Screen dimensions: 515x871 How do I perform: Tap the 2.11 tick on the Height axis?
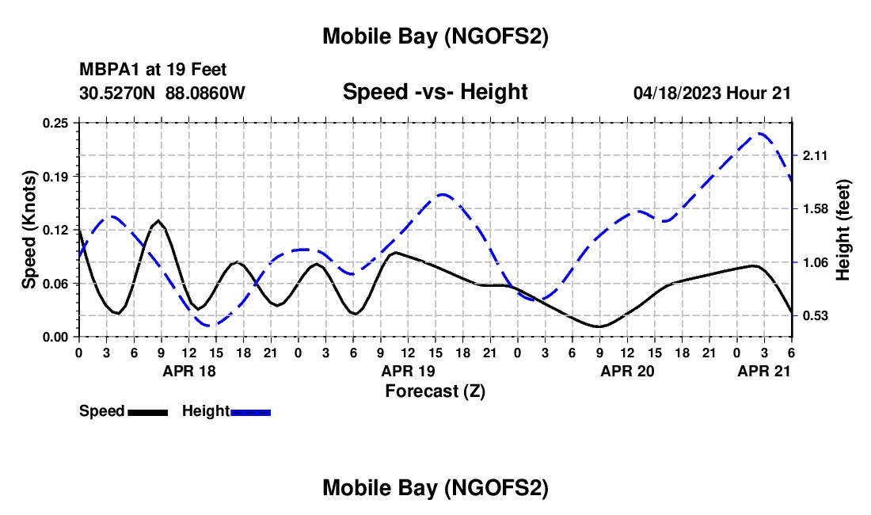815,155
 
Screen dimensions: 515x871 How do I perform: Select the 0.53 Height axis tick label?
815,315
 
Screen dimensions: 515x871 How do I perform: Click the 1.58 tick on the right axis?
815,208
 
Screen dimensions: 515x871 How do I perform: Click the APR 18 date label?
189,370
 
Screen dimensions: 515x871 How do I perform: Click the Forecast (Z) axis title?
435,391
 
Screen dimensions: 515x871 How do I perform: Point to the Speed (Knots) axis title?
29,230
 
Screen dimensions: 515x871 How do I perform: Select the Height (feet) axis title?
842,230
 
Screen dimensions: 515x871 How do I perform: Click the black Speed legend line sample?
147,411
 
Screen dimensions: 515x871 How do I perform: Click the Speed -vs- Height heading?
435,92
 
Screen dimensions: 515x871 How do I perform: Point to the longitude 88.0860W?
205,93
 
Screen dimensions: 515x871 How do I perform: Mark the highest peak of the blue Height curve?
761,133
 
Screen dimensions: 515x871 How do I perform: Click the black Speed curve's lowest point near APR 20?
600,326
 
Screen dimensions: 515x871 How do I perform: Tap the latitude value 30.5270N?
118,93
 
